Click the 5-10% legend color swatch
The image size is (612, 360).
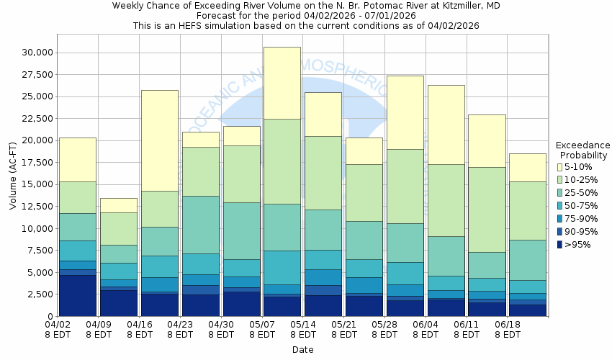tap(560, 167)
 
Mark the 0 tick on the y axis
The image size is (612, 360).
tap(50, 317)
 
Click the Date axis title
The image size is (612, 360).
tap(302, 350)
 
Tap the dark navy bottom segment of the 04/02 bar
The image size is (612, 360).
tap(77, 295)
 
